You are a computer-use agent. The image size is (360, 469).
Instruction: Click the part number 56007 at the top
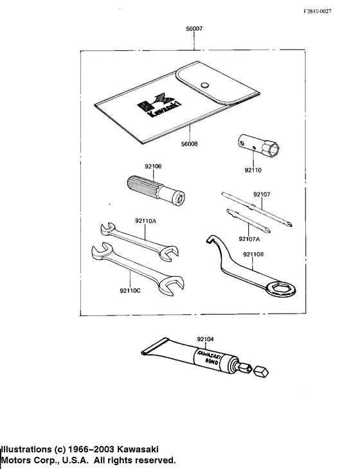tap(194, 30)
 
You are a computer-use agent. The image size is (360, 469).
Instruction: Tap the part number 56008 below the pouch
tap(189, 145)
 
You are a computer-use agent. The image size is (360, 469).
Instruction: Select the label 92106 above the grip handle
tap(153, 166)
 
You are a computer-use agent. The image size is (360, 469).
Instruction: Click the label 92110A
tap(145, 220)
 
